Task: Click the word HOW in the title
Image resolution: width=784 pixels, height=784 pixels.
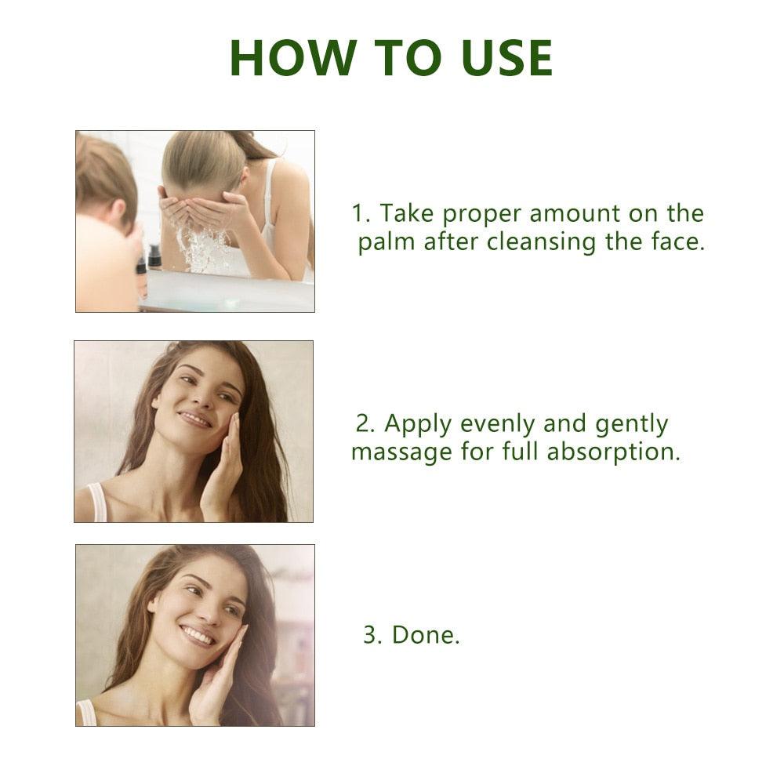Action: tap(293, 58)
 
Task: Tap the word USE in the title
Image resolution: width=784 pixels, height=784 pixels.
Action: tap(507, 58)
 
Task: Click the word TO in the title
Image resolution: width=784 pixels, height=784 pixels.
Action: tap(408, 58)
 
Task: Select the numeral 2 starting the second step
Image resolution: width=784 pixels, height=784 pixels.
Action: tap(365, 423)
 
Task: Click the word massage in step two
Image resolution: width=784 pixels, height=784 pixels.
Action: tap(402, 453)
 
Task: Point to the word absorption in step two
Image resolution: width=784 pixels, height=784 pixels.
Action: tap(613, 452)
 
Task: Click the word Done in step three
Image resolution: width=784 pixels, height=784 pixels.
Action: tap(425, 635)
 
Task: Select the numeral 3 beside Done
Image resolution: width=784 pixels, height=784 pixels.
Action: tap(372, 636)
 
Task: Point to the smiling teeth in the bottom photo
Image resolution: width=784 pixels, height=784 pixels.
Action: tap(198, 636)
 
